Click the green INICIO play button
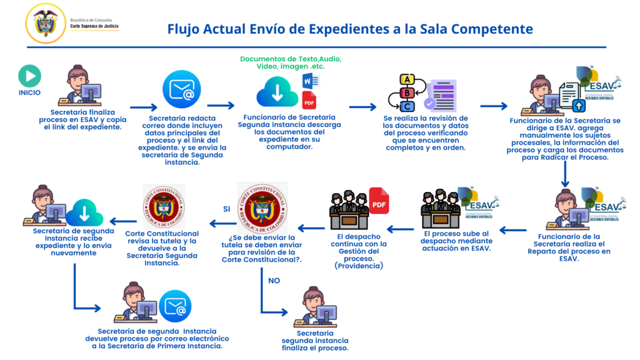pos(29,76)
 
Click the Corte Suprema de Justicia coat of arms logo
pos(45,23)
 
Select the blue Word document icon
pos(310,81)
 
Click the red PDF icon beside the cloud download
pos(309,100)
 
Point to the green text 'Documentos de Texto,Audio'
pos(291,59)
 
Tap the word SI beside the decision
pos(227,208)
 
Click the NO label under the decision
pos(274,281)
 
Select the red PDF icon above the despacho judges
pos(379,201)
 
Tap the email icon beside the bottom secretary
pos(174,307)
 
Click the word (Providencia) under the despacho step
pos(359,266)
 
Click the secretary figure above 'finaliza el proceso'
pos(315,307)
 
